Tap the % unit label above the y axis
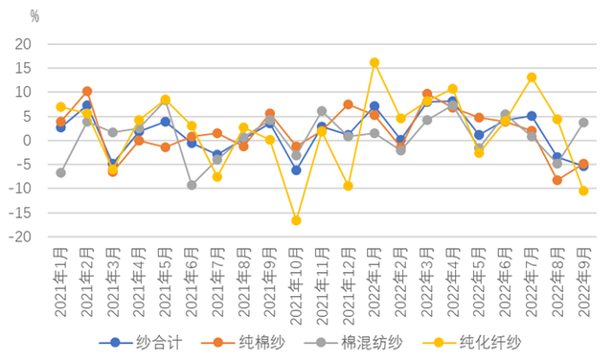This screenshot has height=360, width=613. [x=34, y=16]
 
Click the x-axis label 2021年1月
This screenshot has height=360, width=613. [x=60, y=280]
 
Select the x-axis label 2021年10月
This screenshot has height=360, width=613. [x=296, y=282]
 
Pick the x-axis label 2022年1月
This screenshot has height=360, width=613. [x=374, y=280]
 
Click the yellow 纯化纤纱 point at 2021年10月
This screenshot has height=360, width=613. [x=296, y=220]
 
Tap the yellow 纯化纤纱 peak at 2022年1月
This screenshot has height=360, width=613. [x=375, y=63]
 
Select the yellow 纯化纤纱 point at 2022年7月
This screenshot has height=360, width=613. [x=532, y=78]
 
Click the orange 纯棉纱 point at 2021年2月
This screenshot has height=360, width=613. [x=87, y=91]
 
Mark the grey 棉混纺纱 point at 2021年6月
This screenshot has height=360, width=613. [x=192, y=185]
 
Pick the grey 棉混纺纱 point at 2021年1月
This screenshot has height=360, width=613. [x=61, y=172]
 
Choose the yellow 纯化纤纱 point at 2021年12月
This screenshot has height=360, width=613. [x=349, y=186]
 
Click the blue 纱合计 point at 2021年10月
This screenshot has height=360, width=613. [x=296, y=169]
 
